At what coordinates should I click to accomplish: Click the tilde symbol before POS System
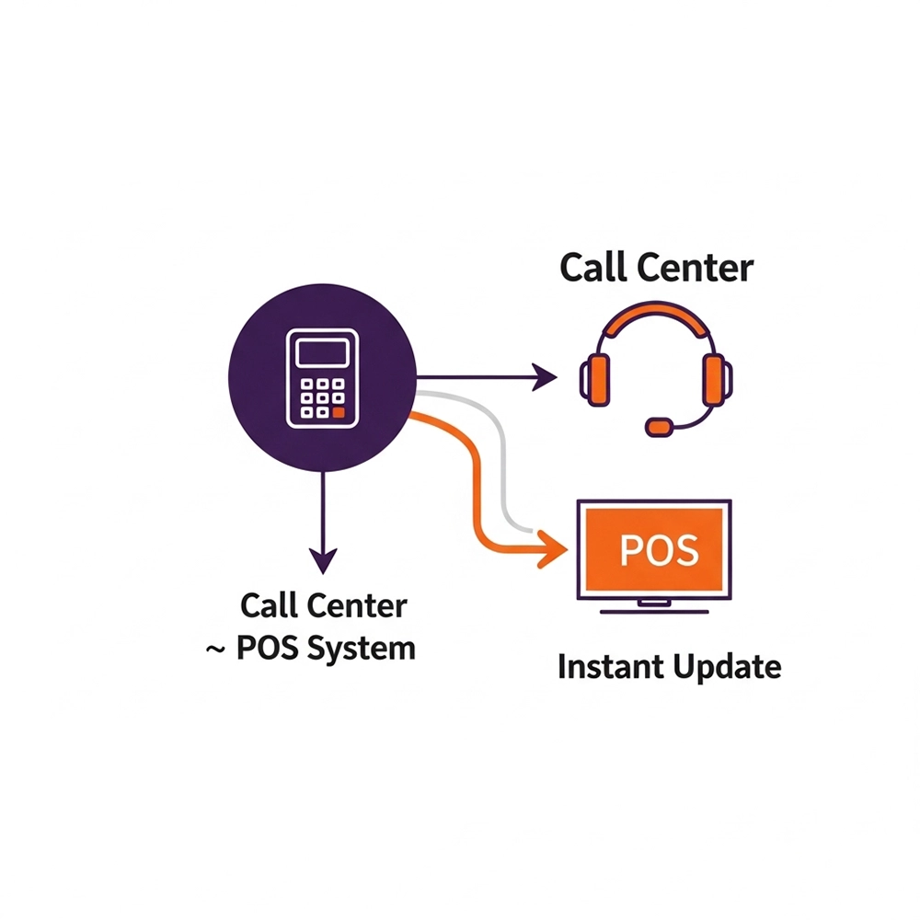[215, 649]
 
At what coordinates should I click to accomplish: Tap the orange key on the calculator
[339, 413]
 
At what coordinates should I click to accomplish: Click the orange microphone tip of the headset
[659, 427]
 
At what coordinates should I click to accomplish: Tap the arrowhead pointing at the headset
[546, 375]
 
